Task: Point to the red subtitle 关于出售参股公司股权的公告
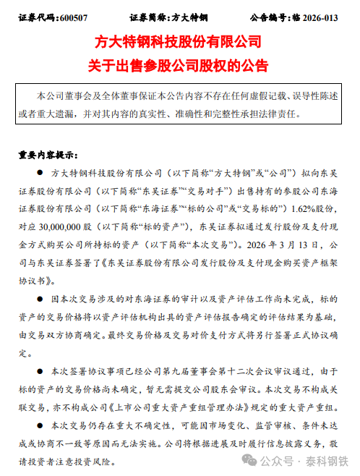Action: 180,65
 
